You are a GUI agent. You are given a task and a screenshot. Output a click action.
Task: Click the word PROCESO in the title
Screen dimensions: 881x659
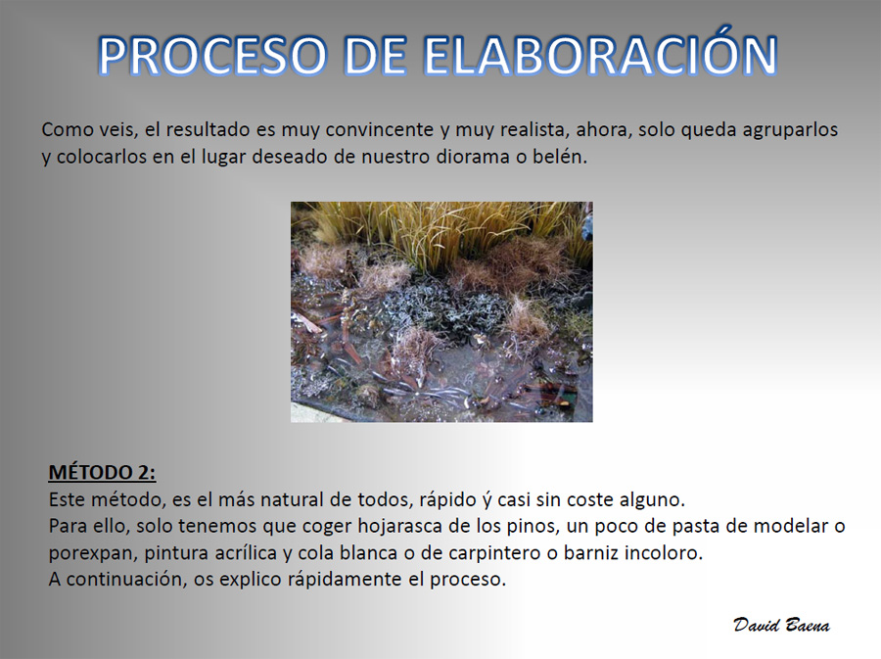coord(212,56)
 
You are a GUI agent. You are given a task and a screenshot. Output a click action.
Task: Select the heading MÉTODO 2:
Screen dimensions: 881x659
coord(102,472)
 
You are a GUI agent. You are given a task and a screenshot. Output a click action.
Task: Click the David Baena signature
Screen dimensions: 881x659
coord(781,625)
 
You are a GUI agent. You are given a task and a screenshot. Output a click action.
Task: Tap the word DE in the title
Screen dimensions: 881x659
coord(375,56)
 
